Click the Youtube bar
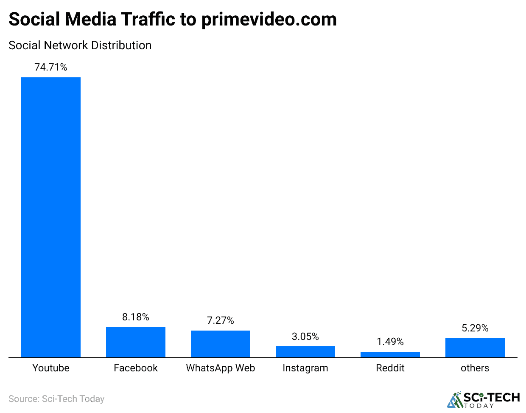(x=51, y=217)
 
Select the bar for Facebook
(x=136, y=342)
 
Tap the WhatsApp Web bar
(x=221, y=344)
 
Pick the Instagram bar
(x=305, y=352)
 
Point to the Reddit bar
(x=390, y=355)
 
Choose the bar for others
(x=475, y=348)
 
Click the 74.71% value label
(x=51, y=67)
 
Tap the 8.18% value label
(x=136, y=317)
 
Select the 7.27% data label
(x=221, y=320)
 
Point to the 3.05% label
(x=305, y=337)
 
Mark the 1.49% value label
(x=390, y=342)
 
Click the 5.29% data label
(x=475, y=328)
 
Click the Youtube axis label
(x=51, y=368)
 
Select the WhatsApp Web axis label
(x=221, y=368)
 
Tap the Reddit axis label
(x=390, y=368)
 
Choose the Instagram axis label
(x=305, y=368)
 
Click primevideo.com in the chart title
(x=269, y=20)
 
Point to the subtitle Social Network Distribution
(x=80, y=45)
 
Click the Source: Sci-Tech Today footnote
(x=56, y=399)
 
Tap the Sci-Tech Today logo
(x=484, y=399)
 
